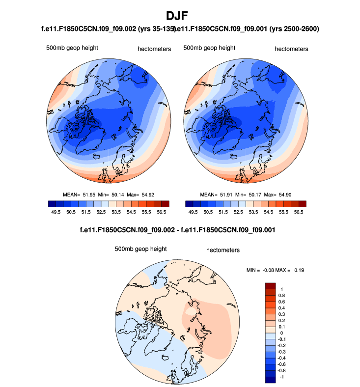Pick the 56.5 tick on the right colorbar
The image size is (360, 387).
299,212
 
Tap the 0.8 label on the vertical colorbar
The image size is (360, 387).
282,296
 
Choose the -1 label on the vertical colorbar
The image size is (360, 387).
281,378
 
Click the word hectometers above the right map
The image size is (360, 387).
291,49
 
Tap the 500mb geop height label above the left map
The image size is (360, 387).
72,48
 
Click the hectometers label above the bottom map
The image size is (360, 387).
223,250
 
